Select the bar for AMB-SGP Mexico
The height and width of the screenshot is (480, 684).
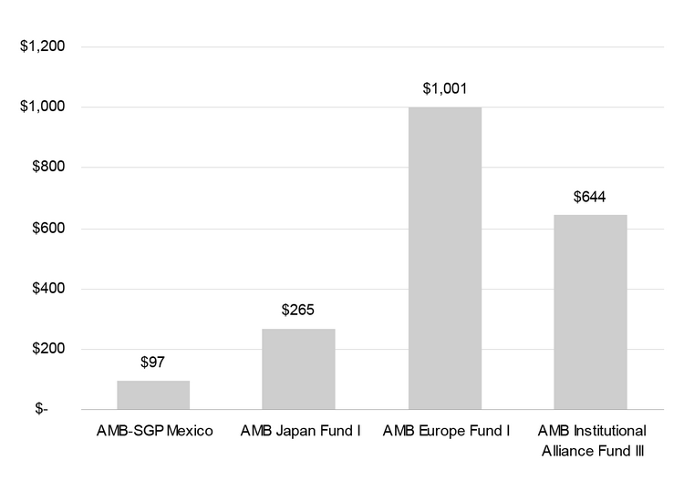[153, 395]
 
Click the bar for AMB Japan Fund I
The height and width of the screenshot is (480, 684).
[298, 369]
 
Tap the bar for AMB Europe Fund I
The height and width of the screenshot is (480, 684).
[445, 258]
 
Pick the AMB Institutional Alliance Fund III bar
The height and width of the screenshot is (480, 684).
[591, 312]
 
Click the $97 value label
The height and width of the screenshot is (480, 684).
[153, 362]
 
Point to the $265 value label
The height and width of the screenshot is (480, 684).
[298, 311]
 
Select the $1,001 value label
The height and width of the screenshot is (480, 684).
[445, 88]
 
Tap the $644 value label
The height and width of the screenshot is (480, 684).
[591, 197]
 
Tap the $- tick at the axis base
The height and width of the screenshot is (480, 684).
[42, 410]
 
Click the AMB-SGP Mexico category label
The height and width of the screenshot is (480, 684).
[153, 431]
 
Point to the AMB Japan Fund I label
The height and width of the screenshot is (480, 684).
[298, 431]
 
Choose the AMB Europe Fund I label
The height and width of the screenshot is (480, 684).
[445, 431]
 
